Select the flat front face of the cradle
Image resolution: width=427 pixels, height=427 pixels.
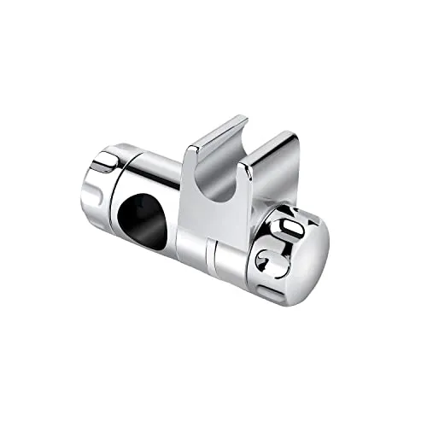click(x=224, y=205)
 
